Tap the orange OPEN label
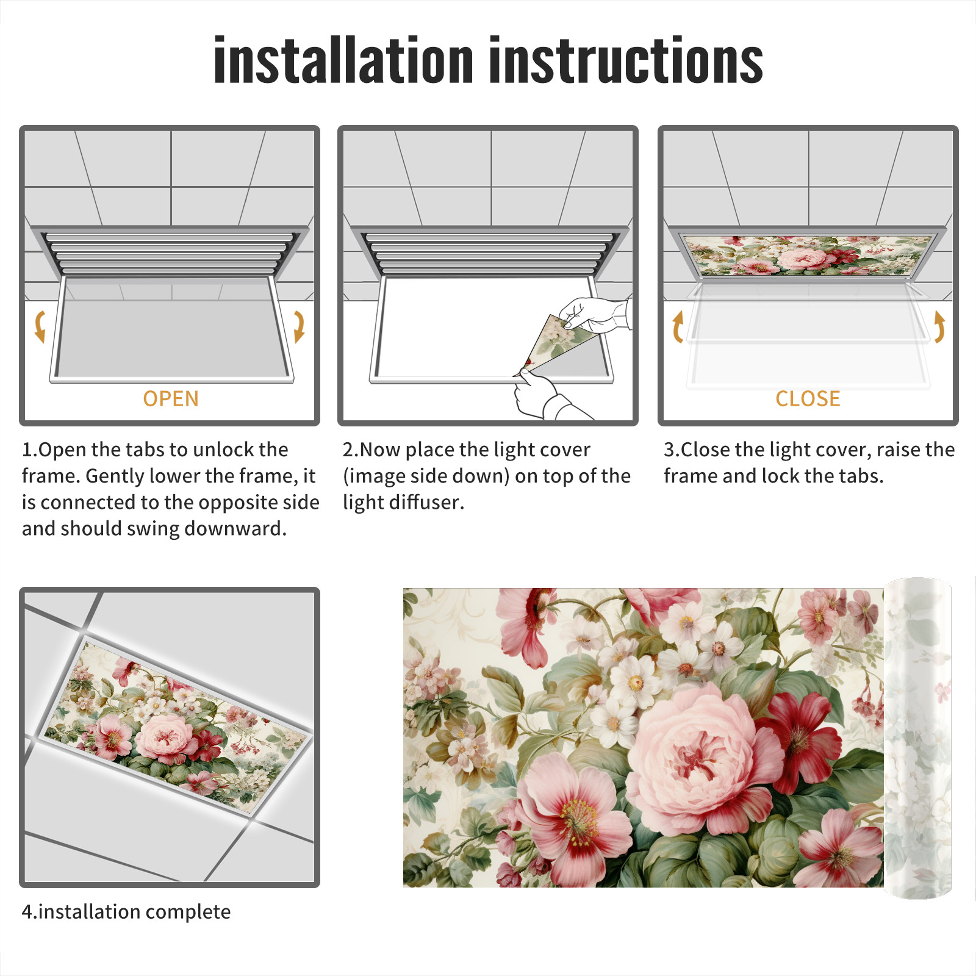(x=171, y=399)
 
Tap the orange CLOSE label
(x=808, y=399)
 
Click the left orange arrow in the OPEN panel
(x=40, y=326)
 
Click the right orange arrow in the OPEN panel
(x=299, y=326)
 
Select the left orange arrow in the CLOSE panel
(x=677, y=326)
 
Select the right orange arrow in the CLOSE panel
(x=939, y=326)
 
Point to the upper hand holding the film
(x=595, y=314)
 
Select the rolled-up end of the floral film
(x=917, y=738)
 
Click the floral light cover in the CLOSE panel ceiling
(x=808, y=255)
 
